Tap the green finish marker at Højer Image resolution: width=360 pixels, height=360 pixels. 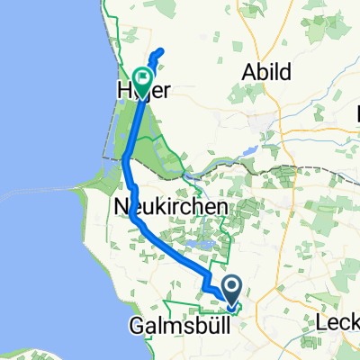click(x=142, y=79)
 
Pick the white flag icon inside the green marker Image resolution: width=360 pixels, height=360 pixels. click(x=142, y=77)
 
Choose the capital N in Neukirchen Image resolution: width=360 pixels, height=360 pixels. click(x=121, y=208)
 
